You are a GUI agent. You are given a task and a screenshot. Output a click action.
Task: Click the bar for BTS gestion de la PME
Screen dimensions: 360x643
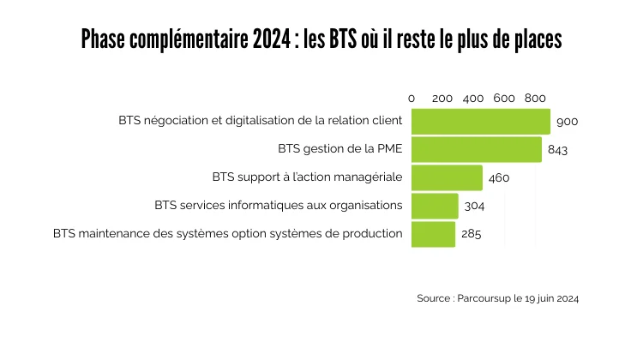pyautogui.click(x=477, y=149)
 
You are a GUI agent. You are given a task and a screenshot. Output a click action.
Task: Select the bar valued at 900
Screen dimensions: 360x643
pyautogui.click(x=481, y=121)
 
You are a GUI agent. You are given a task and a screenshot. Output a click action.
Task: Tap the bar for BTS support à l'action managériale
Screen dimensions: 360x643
pyautogui.click(x=447, y=177)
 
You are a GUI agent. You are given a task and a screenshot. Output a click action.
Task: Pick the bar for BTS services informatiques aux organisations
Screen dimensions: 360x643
pyautogui.click(x=435, y=206)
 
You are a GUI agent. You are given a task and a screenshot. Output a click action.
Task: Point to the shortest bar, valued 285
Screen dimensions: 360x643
pyautogui.click(x=433, y=234)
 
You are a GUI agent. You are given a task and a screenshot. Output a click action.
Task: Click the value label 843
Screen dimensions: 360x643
pyautogui.click(x=557, y=150)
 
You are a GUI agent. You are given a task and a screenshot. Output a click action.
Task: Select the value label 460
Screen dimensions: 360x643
pyautogui.click(x=499, y=178)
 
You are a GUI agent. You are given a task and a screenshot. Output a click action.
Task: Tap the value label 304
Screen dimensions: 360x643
pyautogui.click(x=474, y=207)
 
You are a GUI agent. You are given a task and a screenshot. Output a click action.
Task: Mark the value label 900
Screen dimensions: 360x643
pyautogui.click(x=567, y=122)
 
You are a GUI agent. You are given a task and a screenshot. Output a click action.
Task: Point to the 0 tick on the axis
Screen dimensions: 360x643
pyautogui.click(x=412, y=99)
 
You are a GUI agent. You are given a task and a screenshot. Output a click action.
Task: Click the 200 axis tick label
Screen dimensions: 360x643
pyautogui.click(x=442, y=99)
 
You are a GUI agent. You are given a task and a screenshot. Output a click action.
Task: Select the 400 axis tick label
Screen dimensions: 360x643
pyautogui.click(x=473, y=99)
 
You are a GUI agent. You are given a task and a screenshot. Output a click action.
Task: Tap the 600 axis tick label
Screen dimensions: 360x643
pyautogui.click(x=504, y=99)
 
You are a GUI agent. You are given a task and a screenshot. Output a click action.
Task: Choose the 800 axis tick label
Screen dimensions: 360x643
pyautogui.click(x=535, y=99)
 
